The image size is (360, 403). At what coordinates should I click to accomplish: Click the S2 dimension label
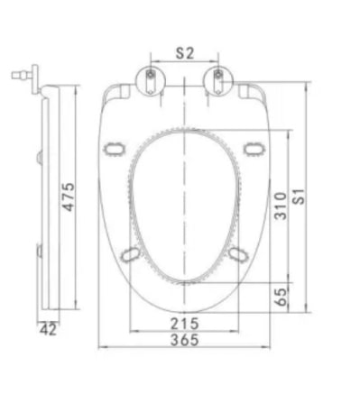185,53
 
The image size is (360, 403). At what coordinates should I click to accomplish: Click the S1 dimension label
299,197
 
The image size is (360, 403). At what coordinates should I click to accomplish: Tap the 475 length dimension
68,197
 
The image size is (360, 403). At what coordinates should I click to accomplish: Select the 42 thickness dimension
48,330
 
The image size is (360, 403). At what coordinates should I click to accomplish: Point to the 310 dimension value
281,206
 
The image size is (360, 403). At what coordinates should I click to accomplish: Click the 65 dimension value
282,297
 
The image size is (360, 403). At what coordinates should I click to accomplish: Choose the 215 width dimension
185,324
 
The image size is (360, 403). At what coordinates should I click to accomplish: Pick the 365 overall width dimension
185,340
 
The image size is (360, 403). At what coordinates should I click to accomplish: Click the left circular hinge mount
151,80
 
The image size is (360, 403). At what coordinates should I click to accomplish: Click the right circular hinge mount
218,80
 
